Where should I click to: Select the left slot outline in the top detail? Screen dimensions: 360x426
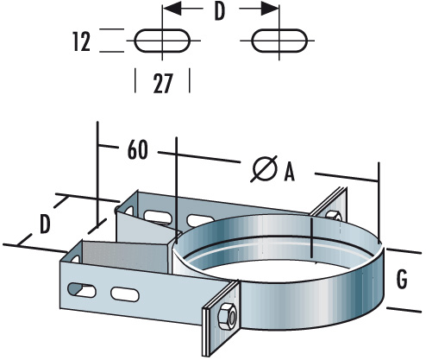[162, 41]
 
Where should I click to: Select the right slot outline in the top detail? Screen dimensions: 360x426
[278, 41]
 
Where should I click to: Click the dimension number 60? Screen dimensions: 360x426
[137, 148]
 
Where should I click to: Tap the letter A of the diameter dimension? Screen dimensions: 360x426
[290, 173]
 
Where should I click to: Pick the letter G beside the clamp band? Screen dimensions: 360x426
[404, 280]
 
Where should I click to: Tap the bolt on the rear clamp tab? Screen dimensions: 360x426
[331, 207]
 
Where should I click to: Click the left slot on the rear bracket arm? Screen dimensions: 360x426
[157, 213]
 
